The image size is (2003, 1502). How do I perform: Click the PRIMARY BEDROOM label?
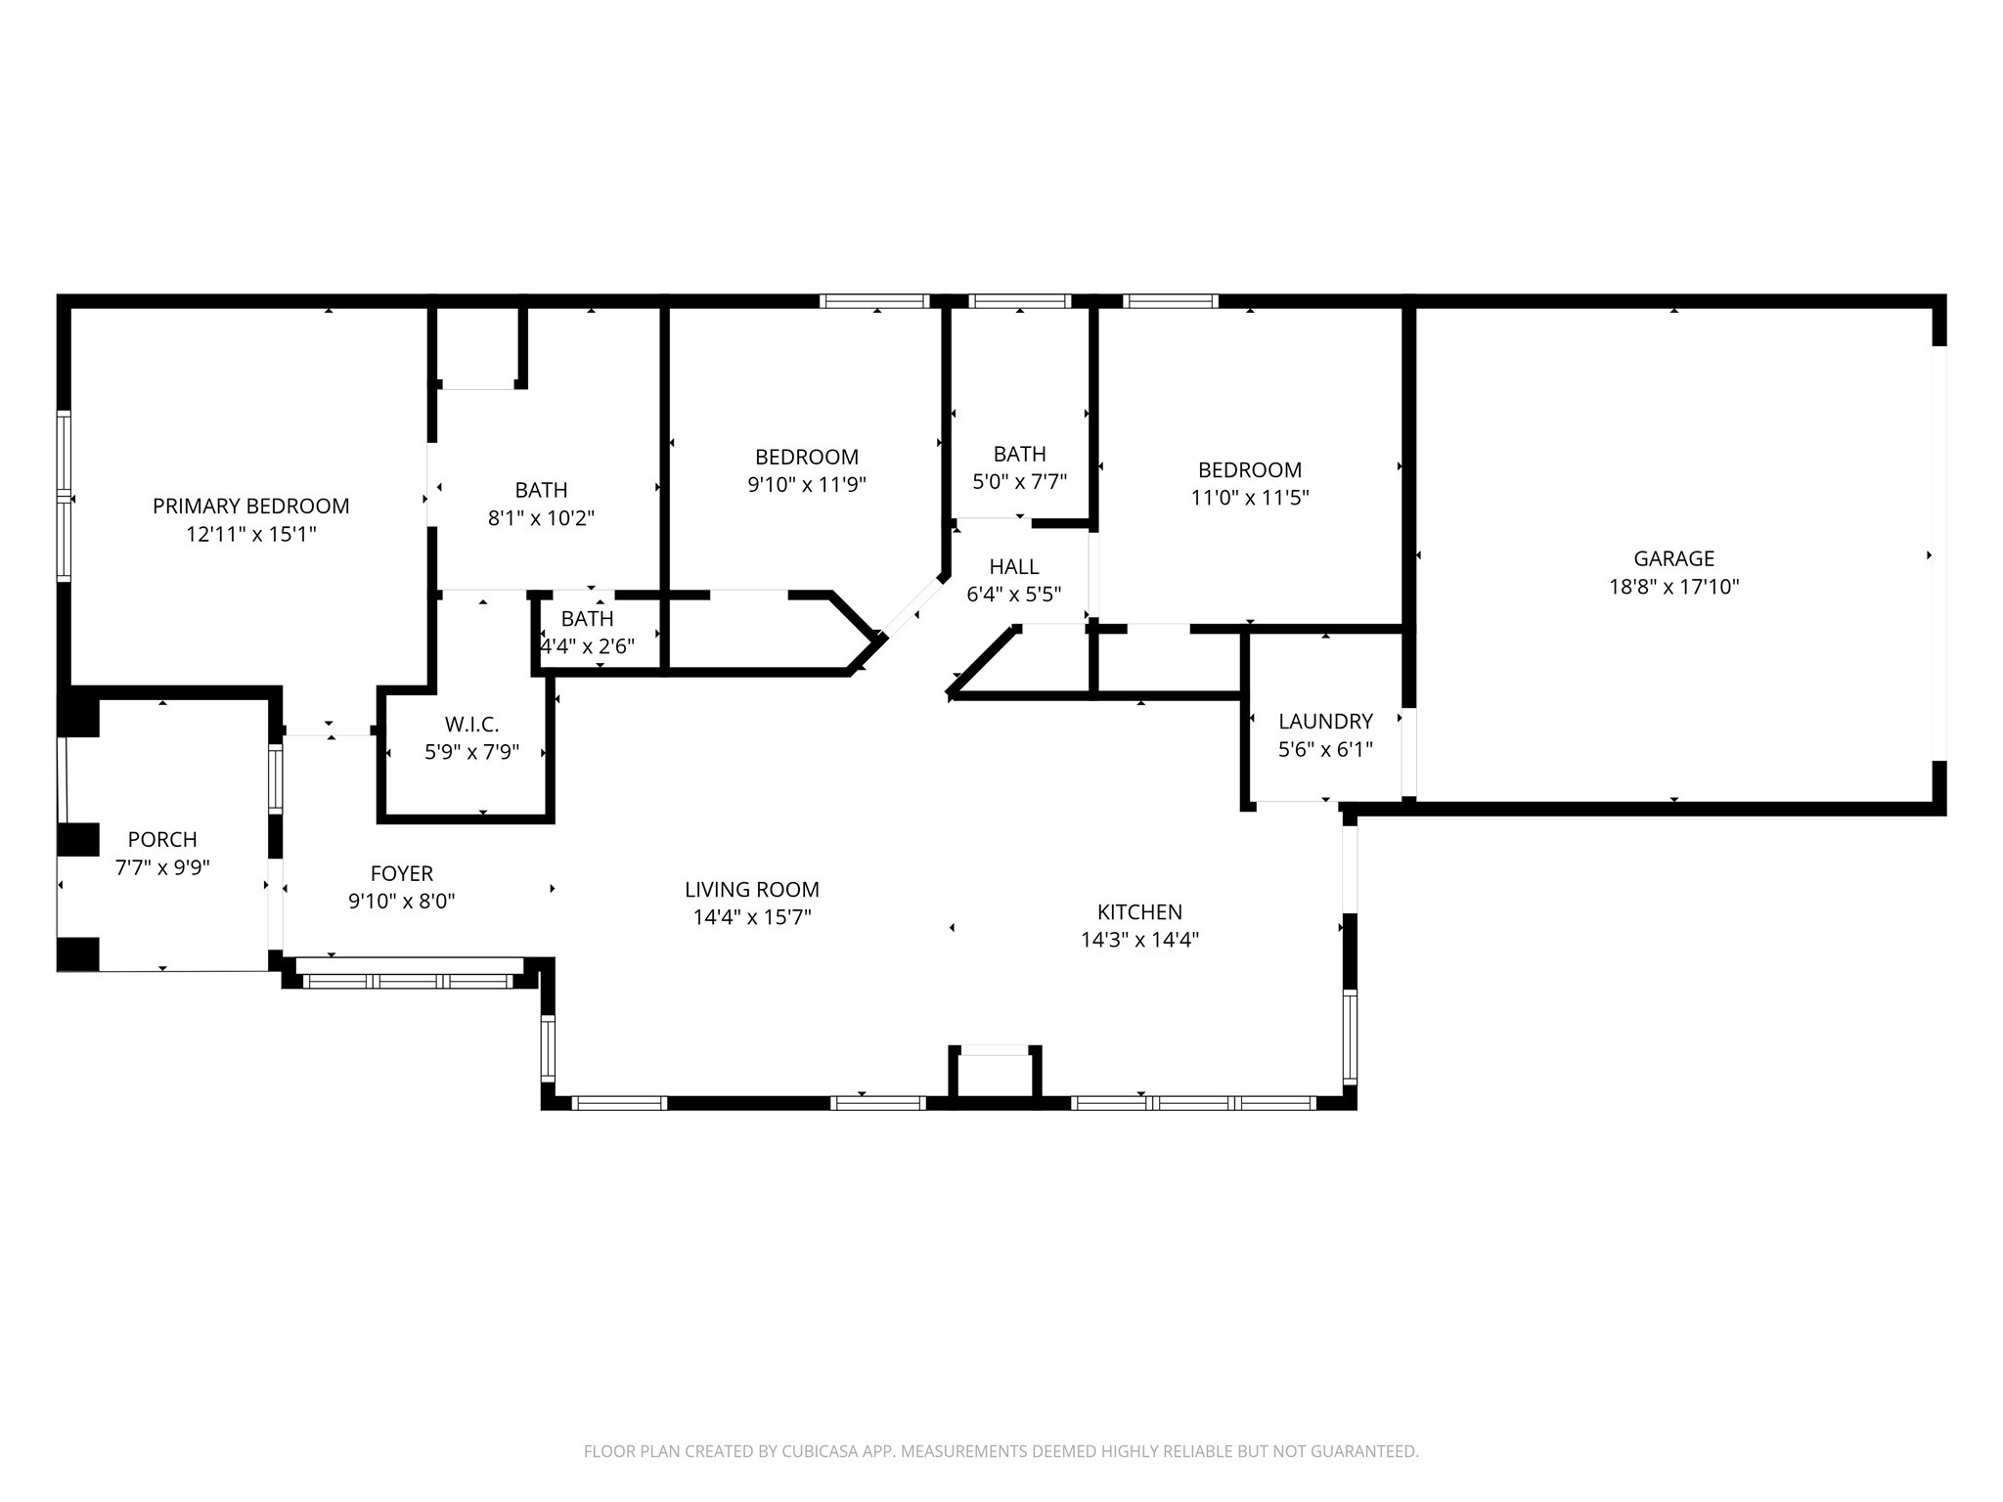coord(250,507)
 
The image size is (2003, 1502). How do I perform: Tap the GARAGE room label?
coord(1673,559)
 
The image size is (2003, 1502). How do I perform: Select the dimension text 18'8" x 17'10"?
coord(1673,587)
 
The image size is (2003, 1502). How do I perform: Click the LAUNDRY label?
coord(1325,722)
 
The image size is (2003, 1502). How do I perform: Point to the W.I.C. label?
coord(471,725)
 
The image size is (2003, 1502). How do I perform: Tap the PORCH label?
coord(162,840)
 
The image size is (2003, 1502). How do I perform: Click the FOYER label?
coord(401,874)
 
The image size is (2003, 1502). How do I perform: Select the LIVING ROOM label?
coord(751,890)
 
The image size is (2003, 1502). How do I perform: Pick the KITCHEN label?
coord(1139,912)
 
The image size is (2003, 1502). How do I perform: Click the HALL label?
coord(1013,567)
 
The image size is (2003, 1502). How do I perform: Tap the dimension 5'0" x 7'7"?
coord(1019,481)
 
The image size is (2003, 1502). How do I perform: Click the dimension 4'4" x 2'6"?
coord(587,646)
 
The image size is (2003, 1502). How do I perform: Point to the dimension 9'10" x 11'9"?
coord(807,484)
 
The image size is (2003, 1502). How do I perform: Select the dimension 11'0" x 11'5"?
coord(1249,497)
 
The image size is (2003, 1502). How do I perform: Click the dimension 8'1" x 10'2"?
coord(541,517)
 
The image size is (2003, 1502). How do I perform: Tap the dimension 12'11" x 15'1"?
coord(251,534)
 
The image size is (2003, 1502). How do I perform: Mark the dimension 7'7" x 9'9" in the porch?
coord(162,867)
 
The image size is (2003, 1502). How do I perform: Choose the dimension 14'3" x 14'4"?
coord(1139,940)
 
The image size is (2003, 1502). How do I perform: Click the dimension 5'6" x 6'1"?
coord(1325,749)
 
